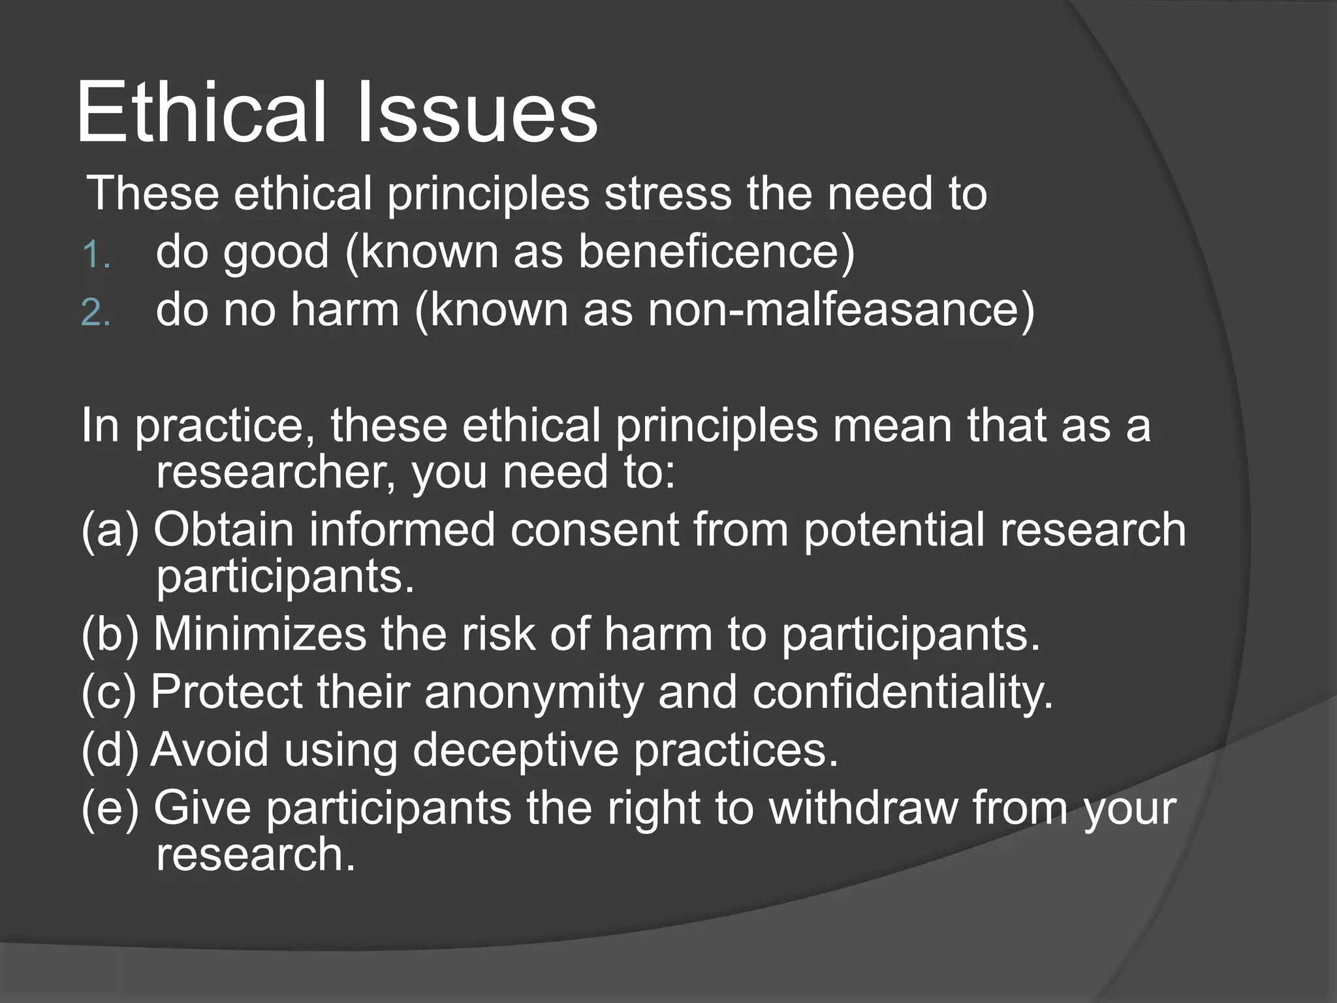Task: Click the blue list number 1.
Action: [x=95, y=255]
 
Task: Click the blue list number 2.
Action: [x=95, y=312]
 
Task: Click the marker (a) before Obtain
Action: [x=110, y=530]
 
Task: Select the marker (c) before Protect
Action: [x=108, y=692]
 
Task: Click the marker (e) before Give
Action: [x=110, y=808]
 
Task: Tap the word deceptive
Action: [x=515, y=750]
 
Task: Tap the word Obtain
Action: [x=223, y=530]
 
